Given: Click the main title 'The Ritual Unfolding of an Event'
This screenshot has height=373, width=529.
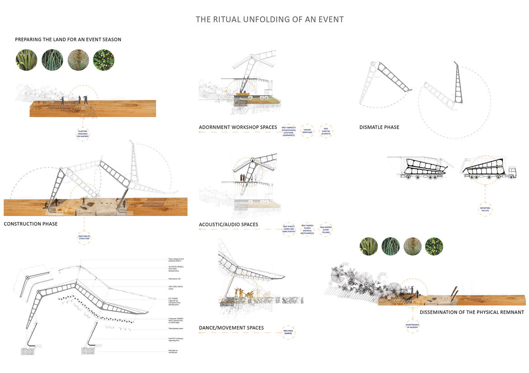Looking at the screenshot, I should (269, 19).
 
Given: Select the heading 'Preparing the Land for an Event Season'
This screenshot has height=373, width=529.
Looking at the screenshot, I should (68, 40).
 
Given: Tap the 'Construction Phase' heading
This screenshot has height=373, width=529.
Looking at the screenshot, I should (31, 224).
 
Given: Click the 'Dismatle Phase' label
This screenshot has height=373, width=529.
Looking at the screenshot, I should (379, 127).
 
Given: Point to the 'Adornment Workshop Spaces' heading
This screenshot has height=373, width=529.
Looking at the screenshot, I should (238, 127).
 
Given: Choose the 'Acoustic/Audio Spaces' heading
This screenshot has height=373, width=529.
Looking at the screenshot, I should (235, 224).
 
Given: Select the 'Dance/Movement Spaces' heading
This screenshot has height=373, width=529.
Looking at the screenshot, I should (231, 328).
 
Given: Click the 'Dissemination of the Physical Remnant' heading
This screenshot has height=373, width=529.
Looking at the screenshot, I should (472, 312).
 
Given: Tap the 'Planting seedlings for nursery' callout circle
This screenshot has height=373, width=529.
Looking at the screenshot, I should (82, 133).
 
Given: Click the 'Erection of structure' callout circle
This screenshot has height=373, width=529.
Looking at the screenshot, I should (84, 237).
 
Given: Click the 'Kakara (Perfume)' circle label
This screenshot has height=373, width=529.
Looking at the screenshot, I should (307, 131).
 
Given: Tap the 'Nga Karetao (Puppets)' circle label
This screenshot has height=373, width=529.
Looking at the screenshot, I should (325, 131).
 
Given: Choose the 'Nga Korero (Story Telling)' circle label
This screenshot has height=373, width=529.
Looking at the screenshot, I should (325, 229).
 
